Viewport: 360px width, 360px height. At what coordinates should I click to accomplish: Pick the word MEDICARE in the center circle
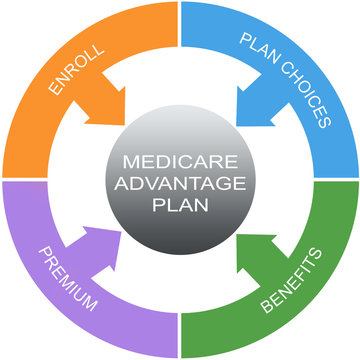click(x=180, y=161)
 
